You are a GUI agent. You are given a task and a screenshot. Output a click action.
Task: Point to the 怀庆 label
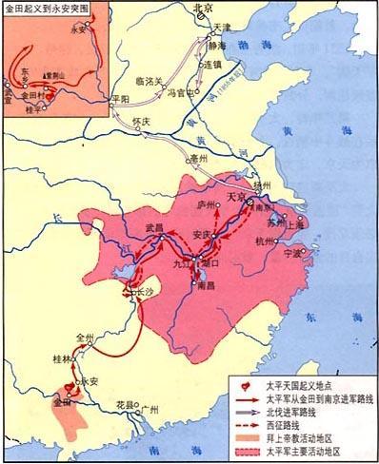click(140, 123)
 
